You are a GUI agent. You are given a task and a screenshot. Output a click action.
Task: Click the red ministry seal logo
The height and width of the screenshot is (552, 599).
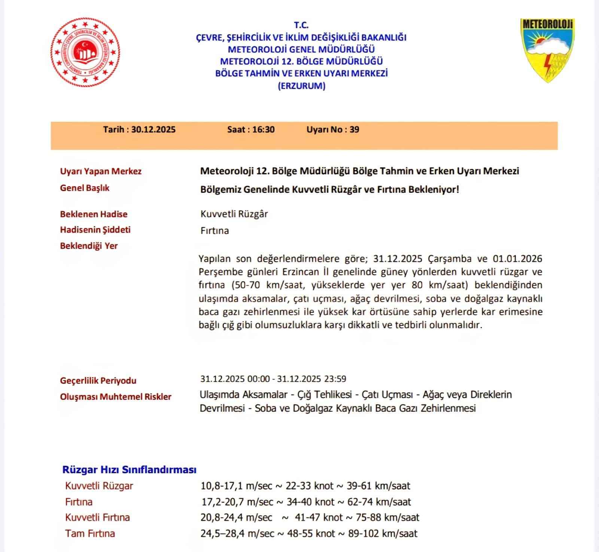tap(85, 52)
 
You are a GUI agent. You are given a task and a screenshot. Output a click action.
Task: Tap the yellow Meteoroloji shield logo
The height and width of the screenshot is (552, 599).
tap(547, 50)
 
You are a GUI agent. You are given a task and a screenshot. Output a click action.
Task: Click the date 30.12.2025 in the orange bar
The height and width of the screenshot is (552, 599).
tap(153, 130)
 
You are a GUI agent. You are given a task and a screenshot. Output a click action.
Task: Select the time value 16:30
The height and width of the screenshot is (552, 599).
tap(263, 130)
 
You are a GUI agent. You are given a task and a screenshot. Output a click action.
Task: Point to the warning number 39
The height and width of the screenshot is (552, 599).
tap(354, 130)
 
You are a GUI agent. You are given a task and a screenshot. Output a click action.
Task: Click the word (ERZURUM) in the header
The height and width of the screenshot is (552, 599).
tap(301, 86)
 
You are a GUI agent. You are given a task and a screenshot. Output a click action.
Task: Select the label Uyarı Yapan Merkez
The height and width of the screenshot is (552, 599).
tap(101, 171)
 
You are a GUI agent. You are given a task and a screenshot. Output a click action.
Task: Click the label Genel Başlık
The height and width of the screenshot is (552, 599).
tap(85, 188)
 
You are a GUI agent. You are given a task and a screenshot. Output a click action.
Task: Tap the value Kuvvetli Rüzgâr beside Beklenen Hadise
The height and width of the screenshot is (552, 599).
tap(234, 214)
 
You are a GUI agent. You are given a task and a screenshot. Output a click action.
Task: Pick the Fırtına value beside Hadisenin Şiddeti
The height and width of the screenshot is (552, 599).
tap(215, 231)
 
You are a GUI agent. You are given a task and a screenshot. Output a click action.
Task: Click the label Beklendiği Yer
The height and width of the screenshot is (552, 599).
tap(89, 246)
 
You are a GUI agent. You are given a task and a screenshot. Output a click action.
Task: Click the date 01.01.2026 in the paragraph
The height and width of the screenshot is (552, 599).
tap(517, 259)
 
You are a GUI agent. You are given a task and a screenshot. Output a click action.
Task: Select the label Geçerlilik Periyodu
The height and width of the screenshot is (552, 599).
tap(98, 381)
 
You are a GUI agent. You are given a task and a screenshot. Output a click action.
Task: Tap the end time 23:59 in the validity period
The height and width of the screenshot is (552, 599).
tap(335, 379)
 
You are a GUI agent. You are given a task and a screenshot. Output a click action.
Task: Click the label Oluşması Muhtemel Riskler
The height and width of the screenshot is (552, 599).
tap(115, 397)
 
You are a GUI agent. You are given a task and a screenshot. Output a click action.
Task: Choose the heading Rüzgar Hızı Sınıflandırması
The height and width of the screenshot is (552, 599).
tap(129, 470)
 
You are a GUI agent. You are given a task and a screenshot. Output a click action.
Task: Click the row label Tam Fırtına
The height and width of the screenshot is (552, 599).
tap(90, 534)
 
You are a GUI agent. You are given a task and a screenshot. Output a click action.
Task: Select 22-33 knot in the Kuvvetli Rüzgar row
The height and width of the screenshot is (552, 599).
tap(309, 486)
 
